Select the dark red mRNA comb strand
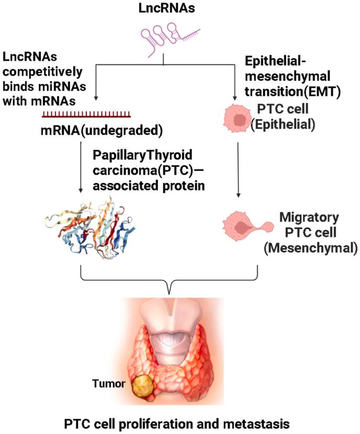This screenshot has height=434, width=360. click(x=87, y=113)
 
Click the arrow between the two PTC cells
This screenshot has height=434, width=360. click(x=238, y=170)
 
